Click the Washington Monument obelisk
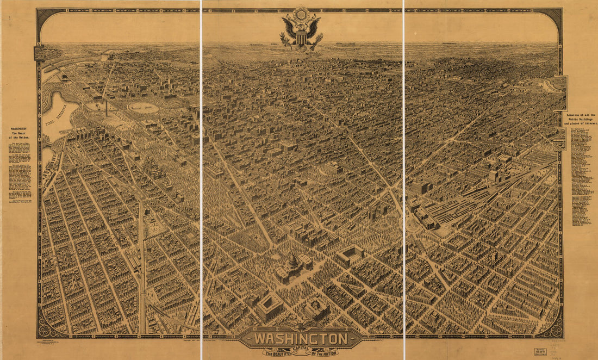click(x=107, y=107)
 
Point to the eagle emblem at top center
click(x=302, y=29)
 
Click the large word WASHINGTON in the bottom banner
click(x=301, y=338)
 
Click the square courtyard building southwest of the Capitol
click(x=270, y=308)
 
